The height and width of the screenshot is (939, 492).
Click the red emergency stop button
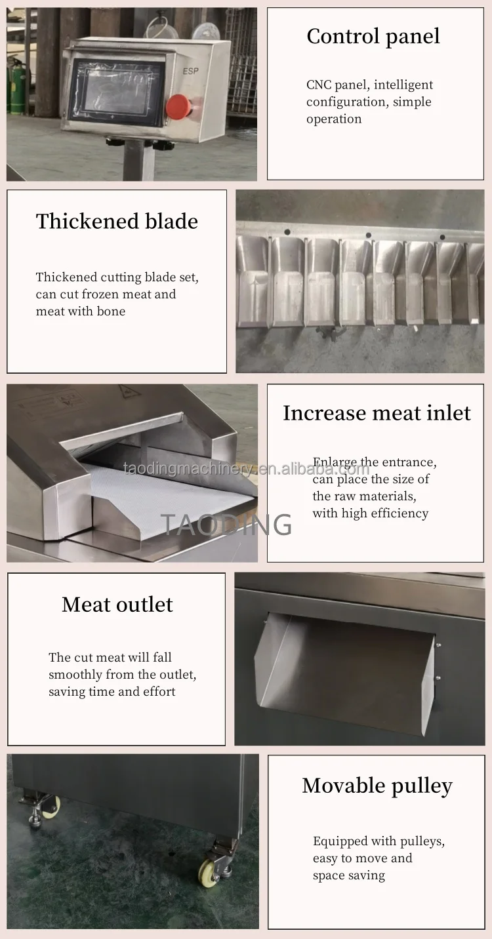pyautogui.click(x=178, y=106)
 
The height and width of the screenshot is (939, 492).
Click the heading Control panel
pyautogui.click(x=373, y=36)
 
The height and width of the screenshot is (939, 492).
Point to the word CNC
pyautogui.click(x=319, y=85)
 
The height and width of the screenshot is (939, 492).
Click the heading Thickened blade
pyautogui.click(x=117, y=222)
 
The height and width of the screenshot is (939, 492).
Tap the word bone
pyautogui.click(x=111, y=311)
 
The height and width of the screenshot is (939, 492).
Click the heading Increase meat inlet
pyautogui.click(x=377, y=413)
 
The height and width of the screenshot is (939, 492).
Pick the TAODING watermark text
pyautogui.click(x=226, y=525)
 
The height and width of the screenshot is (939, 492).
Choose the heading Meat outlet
pyautogui.click(x=117, y=605)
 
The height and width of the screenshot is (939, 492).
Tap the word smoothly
pyautogui.click(x=75, y=675)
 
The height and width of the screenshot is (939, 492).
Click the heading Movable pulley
pyautogui.click(x=377, y=786)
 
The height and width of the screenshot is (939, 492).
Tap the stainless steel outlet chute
pyautogui.click(x=348, y=672)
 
